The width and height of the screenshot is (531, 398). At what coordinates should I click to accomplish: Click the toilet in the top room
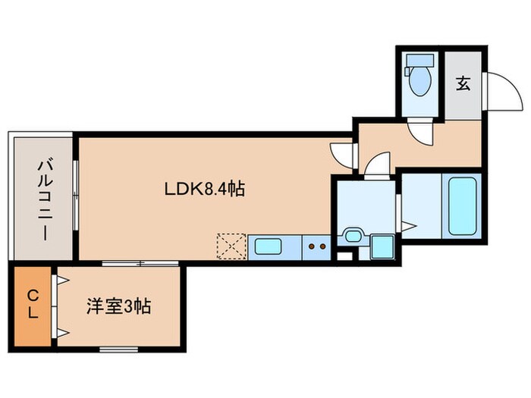418,79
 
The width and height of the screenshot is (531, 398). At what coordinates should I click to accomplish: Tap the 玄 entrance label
462,83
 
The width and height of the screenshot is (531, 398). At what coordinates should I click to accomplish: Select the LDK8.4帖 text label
205,190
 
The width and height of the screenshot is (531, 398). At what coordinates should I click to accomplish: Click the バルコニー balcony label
42,199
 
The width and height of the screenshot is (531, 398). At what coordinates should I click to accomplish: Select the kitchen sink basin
269,246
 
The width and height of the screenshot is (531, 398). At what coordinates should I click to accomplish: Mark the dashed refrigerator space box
229,246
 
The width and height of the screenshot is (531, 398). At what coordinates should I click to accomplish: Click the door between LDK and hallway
344,154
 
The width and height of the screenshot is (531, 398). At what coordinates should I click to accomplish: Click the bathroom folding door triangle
407,224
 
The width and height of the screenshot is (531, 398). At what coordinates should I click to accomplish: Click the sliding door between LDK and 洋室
140,263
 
